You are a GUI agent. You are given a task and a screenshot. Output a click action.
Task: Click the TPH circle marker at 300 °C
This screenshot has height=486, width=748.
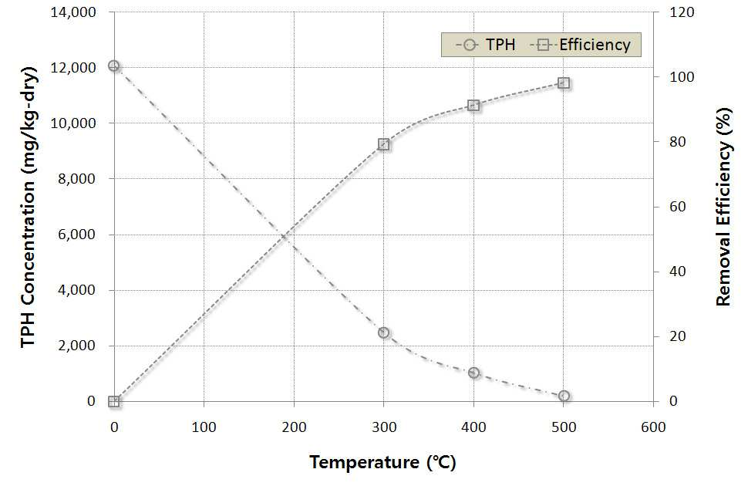pyautogui.click(x=383, y=332)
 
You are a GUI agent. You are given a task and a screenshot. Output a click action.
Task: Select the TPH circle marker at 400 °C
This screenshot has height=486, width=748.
pyautogui.click(x=473, y=373)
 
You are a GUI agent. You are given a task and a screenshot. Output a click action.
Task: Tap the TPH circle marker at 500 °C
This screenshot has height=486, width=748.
pyautogui.click(x=564, y=396)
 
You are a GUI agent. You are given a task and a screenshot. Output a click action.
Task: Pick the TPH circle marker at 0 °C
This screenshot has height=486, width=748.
pyautogui.click(x=113, y=66)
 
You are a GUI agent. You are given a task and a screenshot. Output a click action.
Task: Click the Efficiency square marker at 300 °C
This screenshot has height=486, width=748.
pyautogui.click(x=383, y=144)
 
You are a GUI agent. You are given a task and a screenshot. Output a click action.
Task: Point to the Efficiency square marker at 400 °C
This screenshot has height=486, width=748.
pyautogui.click(x=473, y=106)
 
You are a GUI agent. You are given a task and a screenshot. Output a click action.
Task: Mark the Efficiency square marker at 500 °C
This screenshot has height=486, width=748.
pyautogui.click(x=564, y=83)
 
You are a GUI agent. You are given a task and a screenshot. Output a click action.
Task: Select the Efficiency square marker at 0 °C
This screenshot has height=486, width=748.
pyautogui.click(x=113, y=401)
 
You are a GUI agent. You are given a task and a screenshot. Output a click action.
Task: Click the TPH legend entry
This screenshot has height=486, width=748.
pyautogui.click(x=486, y=45)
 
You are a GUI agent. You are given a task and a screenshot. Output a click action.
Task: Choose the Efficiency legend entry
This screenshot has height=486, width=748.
pyautogui.click(x=581, y=45)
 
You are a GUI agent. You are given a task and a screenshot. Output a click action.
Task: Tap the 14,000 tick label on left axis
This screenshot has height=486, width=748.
pyautogui.click(x=73, y=12)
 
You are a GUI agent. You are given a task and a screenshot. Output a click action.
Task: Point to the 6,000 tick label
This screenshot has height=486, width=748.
pyautogui.click(x=77, y=235)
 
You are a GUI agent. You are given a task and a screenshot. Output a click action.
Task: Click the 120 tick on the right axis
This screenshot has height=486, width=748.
pyautogui.click(x=682, y=12)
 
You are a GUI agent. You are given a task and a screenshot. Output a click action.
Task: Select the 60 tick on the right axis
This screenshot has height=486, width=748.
pyautogui.click(x=677, y=207)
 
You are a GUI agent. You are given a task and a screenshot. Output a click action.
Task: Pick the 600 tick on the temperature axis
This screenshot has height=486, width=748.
pyautogui.click(x=653, y=427)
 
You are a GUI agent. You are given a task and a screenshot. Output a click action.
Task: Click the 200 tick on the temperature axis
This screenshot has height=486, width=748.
pyautogui.click(x=294, y=427)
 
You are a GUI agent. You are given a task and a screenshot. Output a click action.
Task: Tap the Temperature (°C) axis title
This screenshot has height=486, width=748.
pyautogui.click(x=383, y=462)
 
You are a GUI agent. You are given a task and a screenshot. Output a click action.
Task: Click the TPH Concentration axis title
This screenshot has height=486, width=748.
pyautogui.click(x=28, y=207)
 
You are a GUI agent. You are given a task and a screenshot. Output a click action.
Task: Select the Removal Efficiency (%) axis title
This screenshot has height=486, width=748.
pyautogui.click(x=723, y=207)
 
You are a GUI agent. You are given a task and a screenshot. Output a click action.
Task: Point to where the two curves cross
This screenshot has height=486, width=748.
pyautogui.click(x=285, y=236)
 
